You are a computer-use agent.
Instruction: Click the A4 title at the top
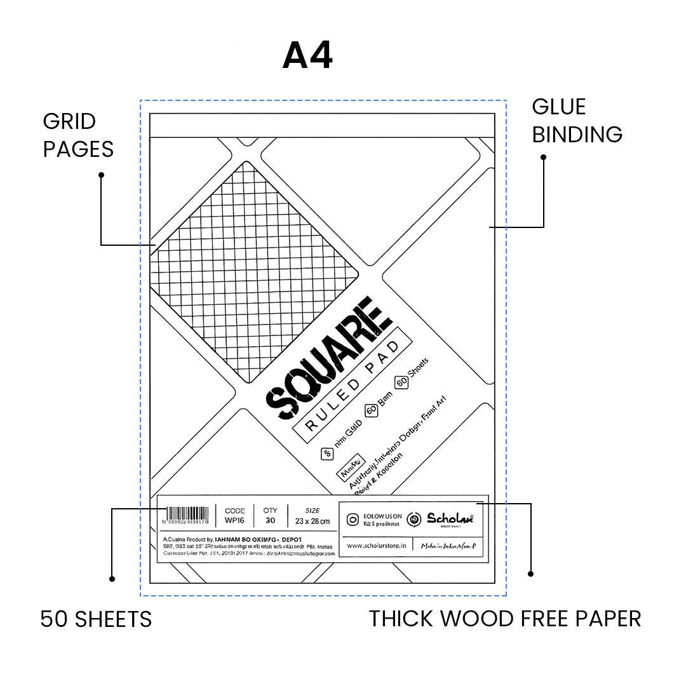tap(307, 57)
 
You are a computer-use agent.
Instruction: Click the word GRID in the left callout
tap(69, 121)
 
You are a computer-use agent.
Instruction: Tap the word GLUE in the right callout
tap(559, 107)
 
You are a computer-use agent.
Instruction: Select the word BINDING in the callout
tap(577, 135)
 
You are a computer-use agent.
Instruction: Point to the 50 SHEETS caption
tap(96, 619)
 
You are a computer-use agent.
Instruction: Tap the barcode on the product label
tap(187, 514)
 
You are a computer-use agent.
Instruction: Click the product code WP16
tap(234, 521)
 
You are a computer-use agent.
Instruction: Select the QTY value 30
tap(270, 521)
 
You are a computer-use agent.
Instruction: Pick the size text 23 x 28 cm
tap(312, 521)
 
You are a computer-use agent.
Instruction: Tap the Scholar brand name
tap(449, 518)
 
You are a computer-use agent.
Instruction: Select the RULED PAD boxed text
tap(352, 387)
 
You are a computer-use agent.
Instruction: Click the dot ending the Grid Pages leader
tap(102, 175)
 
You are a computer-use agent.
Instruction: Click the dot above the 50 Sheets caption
tap(112, 579)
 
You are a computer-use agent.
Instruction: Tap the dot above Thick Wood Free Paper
tap(530, 574)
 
